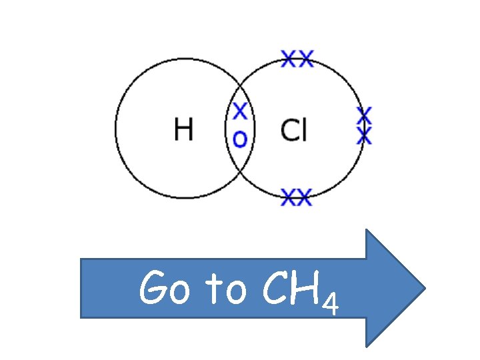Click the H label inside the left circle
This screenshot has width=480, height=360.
[x=183, y=129]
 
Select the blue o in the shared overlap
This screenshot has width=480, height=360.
[x=239, y=139]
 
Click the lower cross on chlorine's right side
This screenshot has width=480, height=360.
[x=363, y=136]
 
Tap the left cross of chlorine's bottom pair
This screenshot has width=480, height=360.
[x=289, y=197]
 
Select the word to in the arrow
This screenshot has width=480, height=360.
[x=226, y=291]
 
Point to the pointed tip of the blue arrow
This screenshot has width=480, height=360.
[x=424, y=288]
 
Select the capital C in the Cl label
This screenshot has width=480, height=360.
[x=289, y=130]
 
